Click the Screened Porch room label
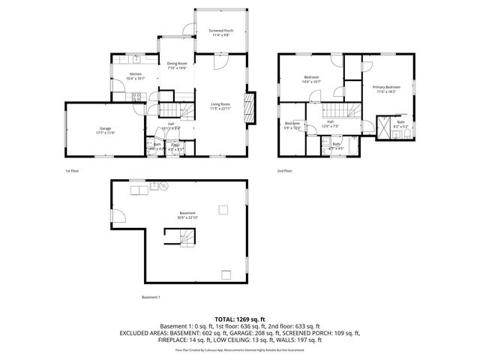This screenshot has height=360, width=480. click(x=220, y=31)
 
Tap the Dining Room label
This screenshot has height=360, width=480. click(x=177, y=66)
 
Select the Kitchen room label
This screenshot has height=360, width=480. click(x=136, y=76)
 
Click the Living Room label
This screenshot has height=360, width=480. click(x=220, y=106)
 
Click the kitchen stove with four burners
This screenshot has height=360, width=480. click(x=136, y=96)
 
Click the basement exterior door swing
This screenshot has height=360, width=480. click(x=118, y=217)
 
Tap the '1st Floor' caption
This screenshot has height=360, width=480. click(x=71, y=170)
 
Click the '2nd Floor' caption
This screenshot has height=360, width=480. click(x=285, y=170)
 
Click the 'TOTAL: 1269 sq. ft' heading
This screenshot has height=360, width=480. click(x=240, y=319)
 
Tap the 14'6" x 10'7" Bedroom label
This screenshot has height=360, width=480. click(x=311, y=79)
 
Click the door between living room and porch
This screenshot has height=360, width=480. click(x=220, y=63)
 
